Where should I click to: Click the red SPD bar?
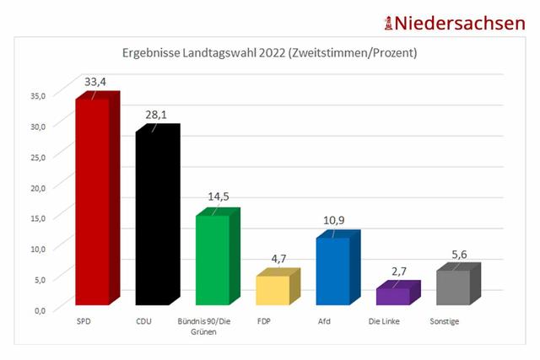tap(92, 202)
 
